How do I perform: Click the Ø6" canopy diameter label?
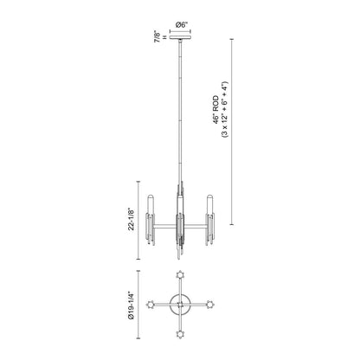pos(181,25)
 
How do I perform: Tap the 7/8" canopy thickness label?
pos(157,36)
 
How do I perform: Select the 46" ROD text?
pos(216,110)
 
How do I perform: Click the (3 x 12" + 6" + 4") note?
pos(225,110)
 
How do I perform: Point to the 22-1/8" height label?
pos(132,219)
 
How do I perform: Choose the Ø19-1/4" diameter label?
pos(132,305)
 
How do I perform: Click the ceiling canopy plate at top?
pos(181,37)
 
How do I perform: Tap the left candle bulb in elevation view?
pos(151,205)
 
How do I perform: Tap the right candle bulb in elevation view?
pos(210,205)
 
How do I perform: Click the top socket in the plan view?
pos(181,275)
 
